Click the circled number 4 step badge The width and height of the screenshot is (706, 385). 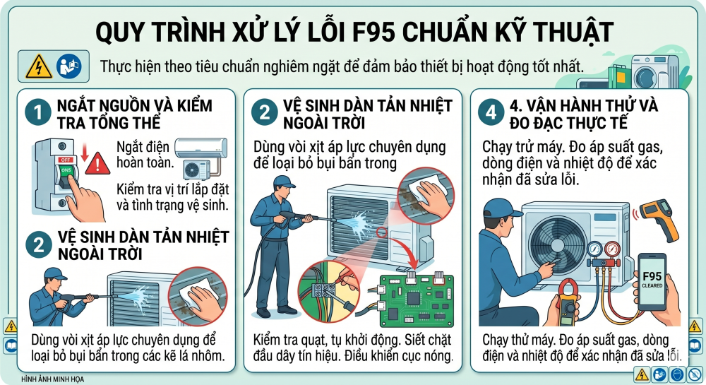pos(491,112)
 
